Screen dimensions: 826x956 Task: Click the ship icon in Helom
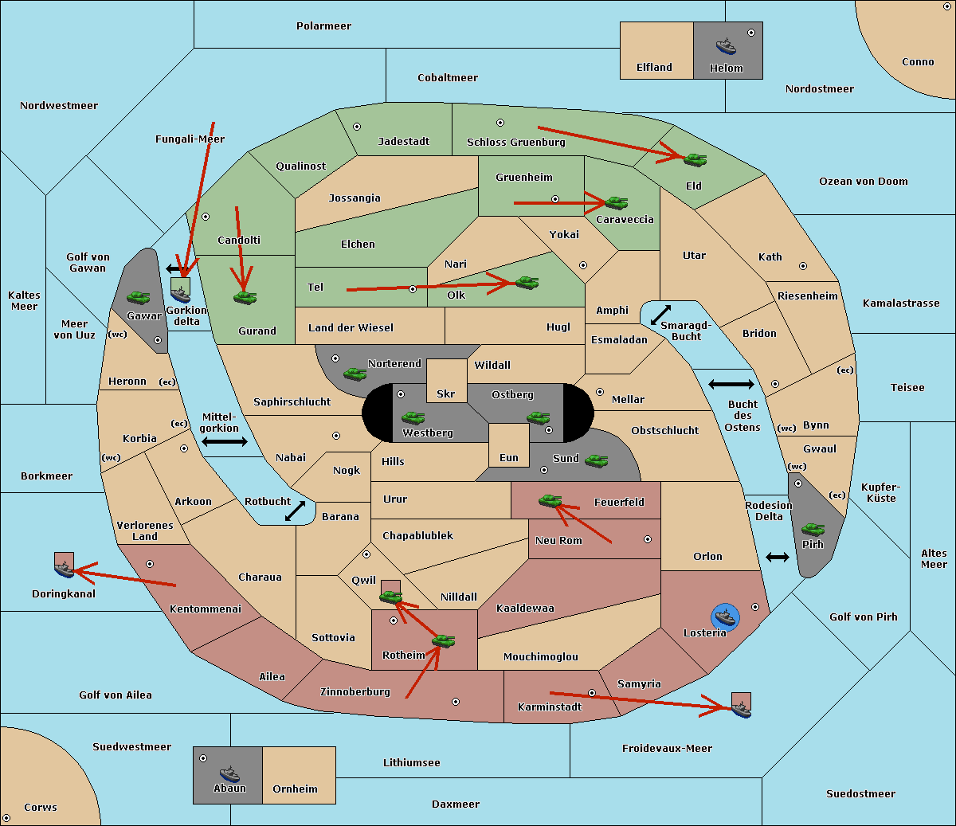tap(726, 45)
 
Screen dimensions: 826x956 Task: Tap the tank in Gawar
tap(138, 297)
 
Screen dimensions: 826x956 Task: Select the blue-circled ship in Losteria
tap(725, 616)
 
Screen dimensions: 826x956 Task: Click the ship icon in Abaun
tap(229, 773)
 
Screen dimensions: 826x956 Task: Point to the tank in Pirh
tap(813, 529)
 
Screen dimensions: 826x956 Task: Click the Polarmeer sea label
tap(323, 26)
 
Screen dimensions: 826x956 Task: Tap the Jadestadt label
tap(403, 141)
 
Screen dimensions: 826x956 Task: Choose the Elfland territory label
tap(654, 68)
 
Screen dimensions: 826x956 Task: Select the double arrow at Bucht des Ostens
tap(731, 385)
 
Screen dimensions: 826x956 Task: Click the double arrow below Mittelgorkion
tap(225, 441)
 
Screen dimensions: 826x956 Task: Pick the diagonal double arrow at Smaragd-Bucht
tap(660, 315)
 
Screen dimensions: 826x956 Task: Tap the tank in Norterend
tap(355, 373)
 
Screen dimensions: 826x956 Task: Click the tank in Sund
tap(596, 460)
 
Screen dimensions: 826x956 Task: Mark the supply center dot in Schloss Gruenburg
tap(500, 123)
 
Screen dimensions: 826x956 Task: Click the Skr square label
tap(445, 394)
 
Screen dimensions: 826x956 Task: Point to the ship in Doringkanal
tap(64, 569)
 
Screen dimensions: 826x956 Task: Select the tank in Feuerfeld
tap(550, 500)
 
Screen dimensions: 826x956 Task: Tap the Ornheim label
tap(295, 789)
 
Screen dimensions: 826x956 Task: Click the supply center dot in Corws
tap(6, 818)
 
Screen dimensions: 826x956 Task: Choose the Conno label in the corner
tap(918, 62)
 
